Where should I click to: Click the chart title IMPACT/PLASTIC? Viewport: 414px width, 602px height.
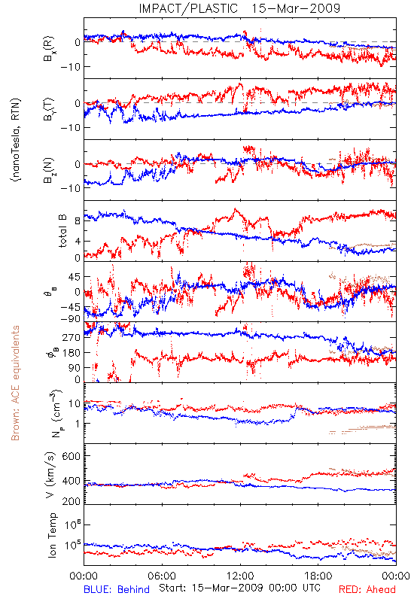[x=188, y=8]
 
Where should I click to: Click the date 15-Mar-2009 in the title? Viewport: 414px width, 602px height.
[x=296, y=8]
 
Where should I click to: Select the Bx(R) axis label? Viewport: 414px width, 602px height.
[x=49, y=49]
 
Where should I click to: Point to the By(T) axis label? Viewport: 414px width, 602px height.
[x=49, y=109]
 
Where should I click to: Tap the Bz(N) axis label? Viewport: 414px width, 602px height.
[x=49, y=170]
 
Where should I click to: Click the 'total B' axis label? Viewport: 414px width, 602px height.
[x=62, y=231]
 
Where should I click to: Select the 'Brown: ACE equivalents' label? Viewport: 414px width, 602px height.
[x=15, y=383]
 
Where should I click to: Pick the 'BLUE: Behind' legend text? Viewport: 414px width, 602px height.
[x=117, y=589]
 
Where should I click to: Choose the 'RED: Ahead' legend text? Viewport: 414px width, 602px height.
[x=367, y=589]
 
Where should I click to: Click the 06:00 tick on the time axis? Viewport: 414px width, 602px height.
[x=162, y=576]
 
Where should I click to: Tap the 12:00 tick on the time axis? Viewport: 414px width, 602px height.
[x=240, y=576]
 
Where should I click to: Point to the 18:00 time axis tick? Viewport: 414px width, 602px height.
[x=318, y=576]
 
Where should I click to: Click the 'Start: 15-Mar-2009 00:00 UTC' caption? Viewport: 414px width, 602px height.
[x=239, y=588]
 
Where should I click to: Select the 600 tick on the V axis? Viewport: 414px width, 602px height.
[x=71, y=456]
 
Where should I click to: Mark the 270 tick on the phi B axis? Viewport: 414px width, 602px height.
[x=72, y=337]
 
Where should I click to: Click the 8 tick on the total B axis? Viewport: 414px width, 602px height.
[x=78, y=221]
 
